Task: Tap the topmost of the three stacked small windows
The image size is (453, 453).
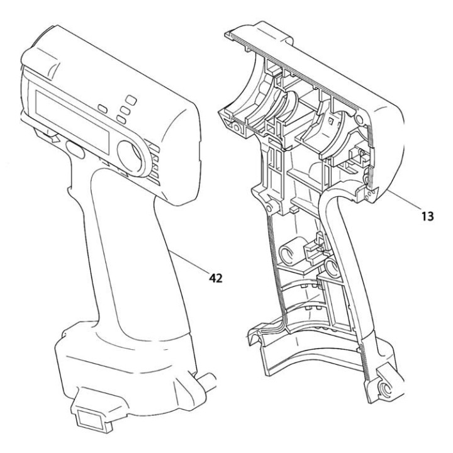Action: (130, 99)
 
